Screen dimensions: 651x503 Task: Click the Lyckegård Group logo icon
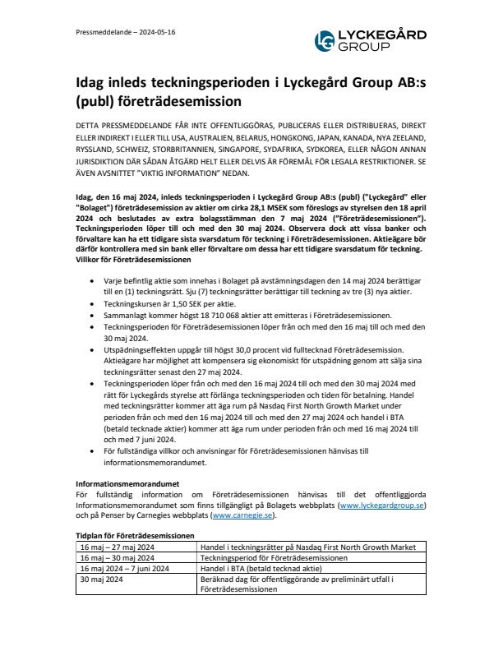pos(327,39)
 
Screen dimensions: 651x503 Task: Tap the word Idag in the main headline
pos(93,83)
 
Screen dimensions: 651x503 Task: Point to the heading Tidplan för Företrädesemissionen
pos(135,534)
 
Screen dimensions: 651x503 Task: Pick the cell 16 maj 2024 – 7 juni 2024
pos(124,567)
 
